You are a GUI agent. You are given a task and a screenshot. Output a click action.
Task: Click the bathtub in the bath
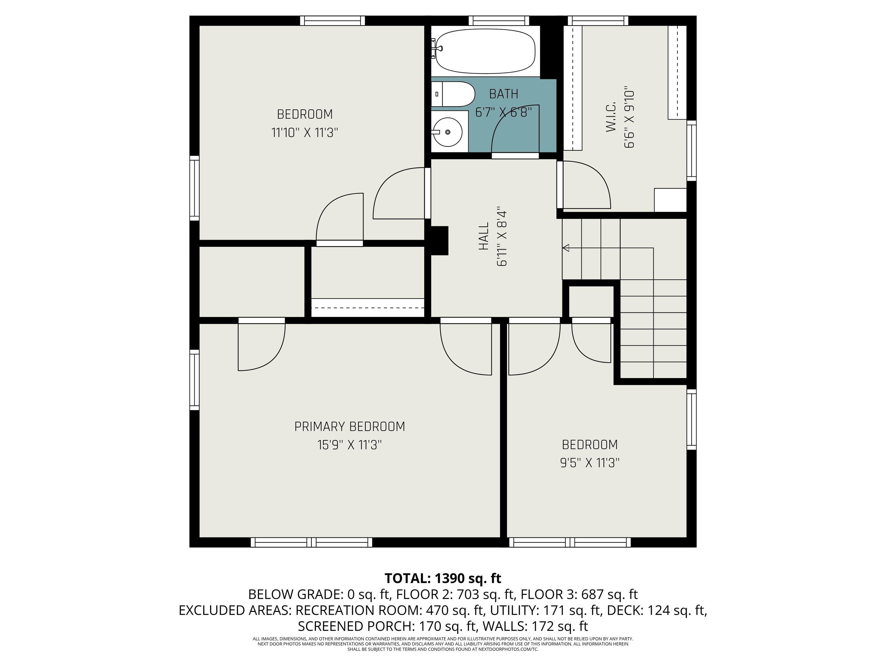pyautogui.click(x=485, y=51)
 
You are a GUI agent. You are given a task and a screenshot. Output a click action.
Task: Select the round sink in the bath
pyautogui.click(x=448, y=132)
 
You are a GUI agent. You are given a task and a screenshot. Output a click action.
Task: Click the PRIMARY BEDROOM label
pyautogui.click(x=350, y=427)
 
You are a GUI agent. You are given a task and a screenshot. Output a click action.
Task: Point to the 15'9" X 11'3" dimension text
pyautogui.click(x=350, y=445)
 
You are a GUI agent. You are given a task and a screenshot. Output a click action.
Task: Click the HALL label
pyautogui.click(x=484, y=236)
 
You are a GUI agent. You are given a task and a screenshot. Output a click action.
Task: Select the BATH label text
pyautogui.click(x=504, y=94)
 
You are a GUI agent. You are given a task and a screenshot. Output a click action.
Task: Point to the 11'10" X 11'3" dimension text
pyautogui.click(x=305, y=133)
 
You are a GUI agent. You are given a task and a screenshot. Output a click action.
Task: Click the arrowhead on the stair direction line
pyautogui.click(x=566, y=248)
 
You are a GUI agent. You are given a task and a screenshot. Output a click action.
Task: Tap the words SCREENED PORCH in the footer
pyautogui.click(x=356, y=626)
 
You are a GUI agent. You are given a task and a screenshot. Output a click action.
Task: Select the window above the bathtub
pyautogui.click(x=499, y=20)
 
